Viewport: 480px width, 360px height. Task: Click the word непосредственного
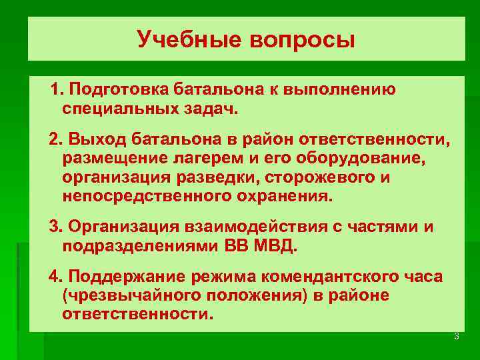(x=148, y=197)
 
